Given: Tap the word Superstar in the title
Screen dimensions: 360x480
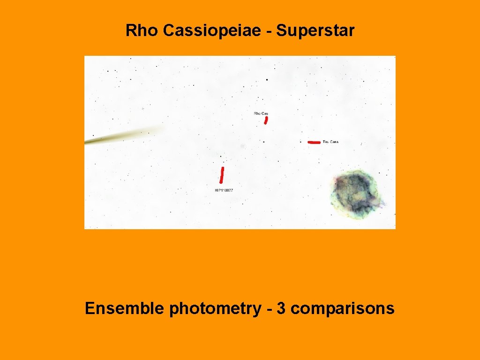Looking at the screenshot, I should [315, 31].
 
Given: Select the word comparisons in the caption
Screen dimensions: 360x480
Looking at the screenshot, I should [345, 309].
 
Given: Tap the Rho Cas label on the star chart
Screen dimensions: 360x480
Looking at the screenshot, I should [261, 113].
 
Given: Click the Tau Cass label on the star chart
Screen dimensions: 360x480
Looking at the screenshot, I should [330, 142].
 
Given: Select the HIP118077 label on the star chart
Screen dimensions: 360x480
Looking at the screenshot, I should [224, 190].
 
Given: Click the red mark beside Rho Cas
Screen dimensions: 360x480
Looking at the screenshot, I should [266, 120].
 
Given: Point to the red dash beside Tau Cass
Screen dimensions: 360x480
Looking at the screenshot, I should [314, 142].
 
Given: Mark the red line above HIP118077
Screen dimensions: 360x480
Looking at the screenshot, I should [222, 175].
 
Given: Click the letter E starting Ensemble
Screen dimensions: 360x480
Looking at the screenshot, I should [89, 308].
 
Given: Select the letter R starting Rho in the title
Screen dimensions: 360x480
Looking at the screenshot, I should [130, 31].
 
